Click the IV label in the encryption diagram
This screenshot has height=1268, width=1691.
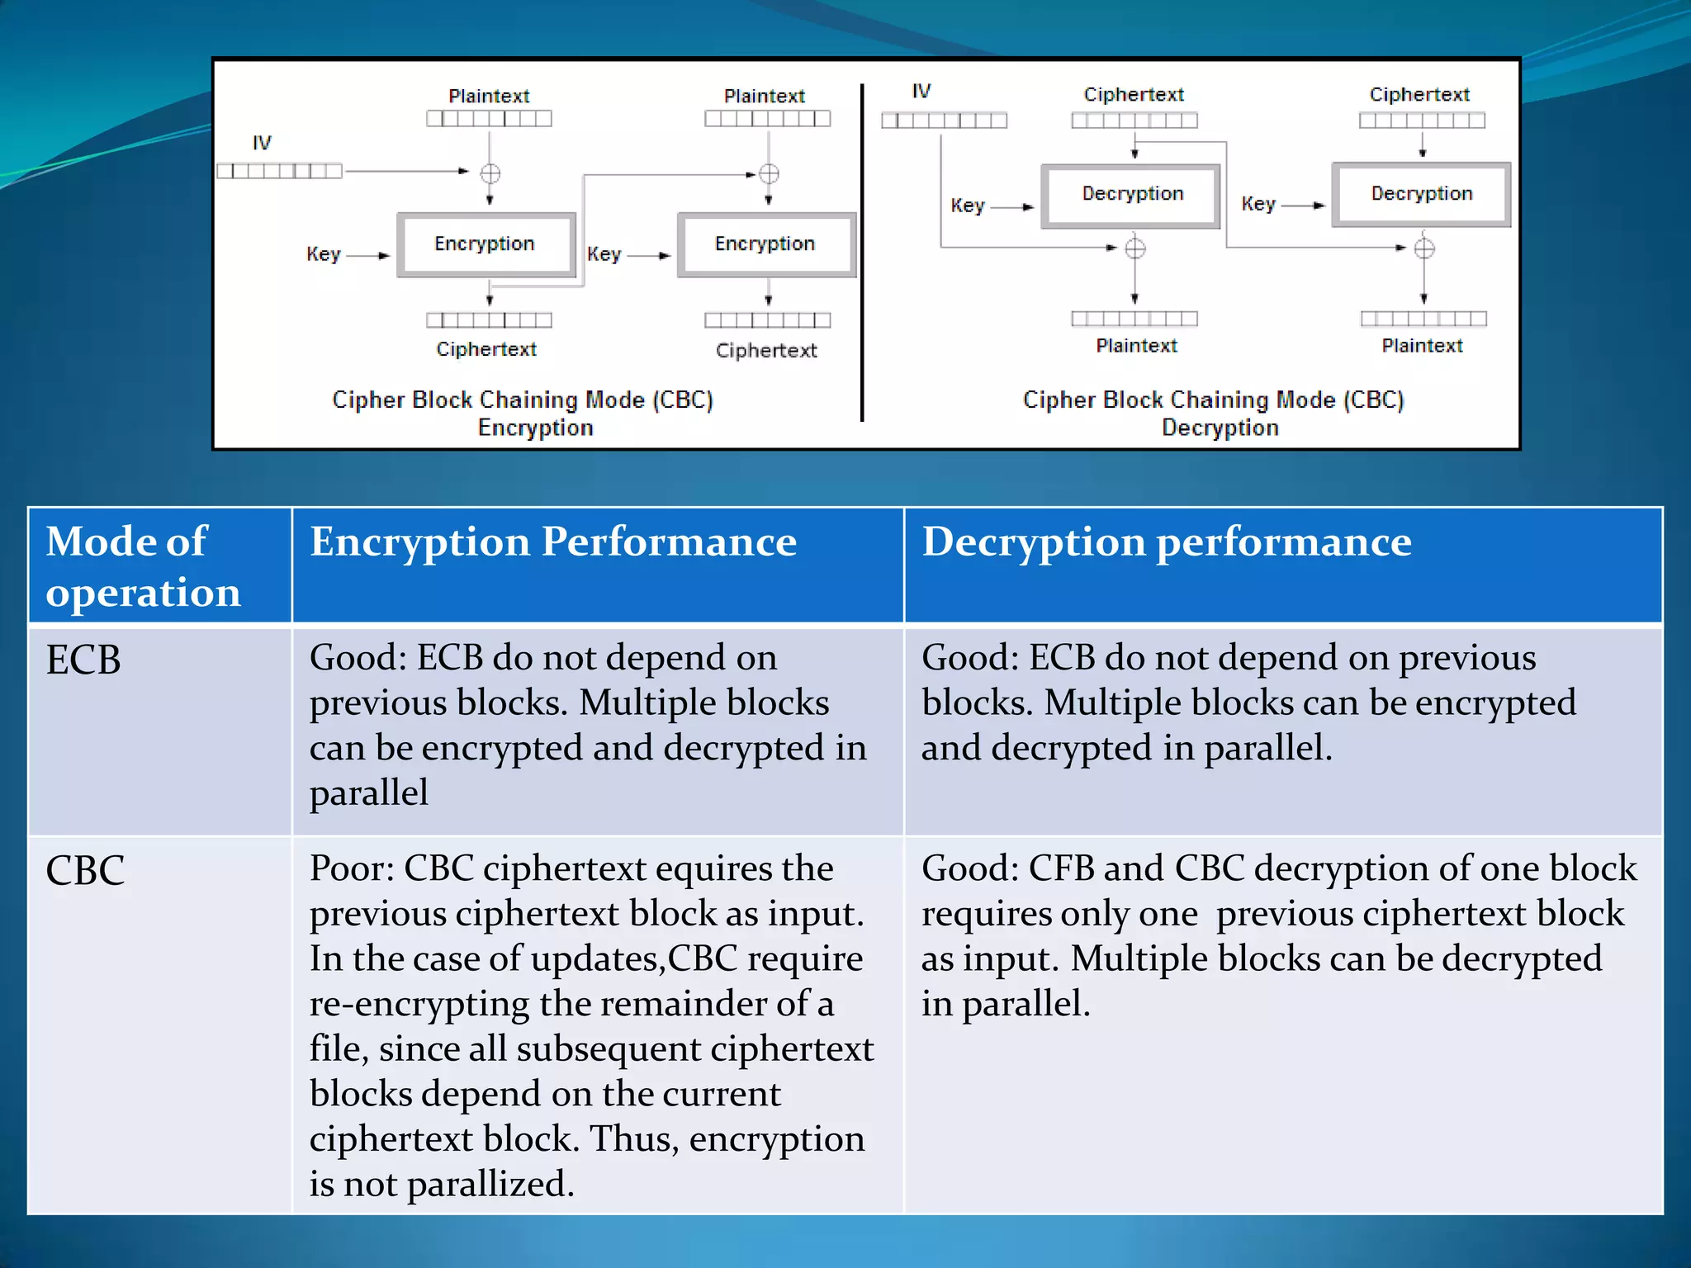262,143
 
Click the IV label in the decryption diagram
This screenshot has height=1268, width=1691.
921,91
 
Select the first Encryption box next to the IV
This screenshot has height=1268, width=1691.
486,244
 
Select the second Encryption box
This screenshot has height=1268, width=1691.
765,244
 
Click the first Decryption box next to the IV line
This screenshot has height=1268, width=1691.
1132,194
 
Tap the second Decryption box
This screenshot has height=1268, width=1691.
1421,194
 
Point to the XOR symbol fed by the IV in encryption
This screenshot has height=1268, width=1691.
490,173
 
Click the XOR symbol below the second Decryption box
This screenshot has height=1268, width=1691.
1424,248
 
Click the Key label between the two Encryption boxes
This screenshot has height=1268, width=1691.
604,254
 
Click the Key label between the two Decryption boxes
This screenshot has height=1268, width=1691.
1258,204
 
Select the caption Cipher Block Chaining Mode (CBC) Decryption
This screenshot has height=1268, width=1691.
1214,413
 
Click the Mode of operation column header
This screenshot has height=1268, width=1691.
143,566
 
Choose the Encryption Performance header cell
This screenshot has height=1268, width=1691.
553,542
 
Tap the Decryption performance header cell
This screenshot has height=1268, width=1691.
1166,542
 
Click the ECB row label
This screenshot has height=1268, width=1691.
83,660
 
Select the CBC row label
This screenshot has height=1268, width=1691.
85,871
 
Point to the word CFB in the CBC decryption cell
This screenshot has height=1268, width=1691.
1060,869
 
